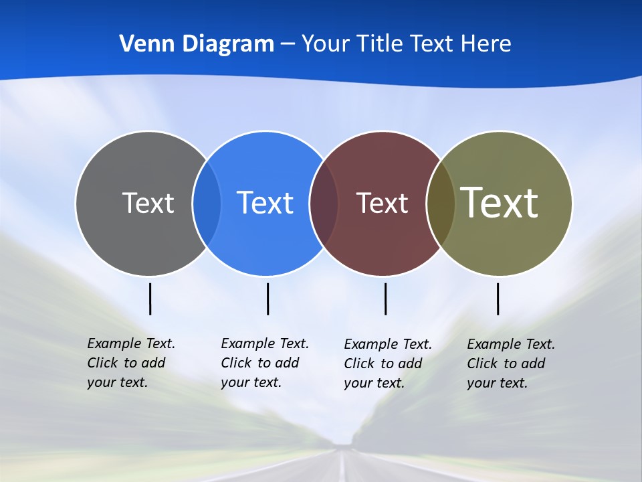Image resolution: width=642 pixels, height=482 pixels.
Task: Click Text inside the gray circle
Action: (x=148, y=203)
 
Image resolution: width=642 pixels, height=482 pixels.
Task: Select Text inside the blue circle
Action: (x=265, y=203)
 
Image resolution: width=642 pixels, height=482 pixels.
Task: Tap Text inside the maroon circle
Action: (x=382, y=203)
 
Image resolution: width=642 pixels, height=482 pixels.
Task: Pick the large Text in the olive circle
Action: (x=499, y=202)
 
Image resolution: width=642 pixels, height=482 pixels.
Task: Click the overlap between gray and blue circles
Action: (x=207, y=204)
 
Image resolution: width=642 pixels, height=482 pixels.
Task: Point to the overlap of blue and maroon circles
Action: (x=324, y=204)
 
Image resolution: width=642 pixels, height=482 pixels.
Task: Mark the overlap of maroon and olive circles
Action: (x=441, y=204)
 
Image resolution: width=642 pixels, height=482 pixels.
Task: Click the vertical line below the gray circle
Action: (x=150, y=299)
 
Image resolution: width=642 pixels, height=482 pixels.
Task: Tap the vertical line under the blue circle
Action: (x=267, y=299)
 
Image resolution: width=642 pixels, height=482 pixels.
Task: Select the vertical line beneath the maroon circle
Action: (x=385, y=299)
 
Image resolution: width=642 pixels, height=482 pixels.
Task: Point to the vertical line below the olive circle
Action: (x=498, y=299)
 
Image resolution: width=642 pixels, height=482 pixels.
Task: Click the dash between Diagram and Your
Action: (x=288, y=45)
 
